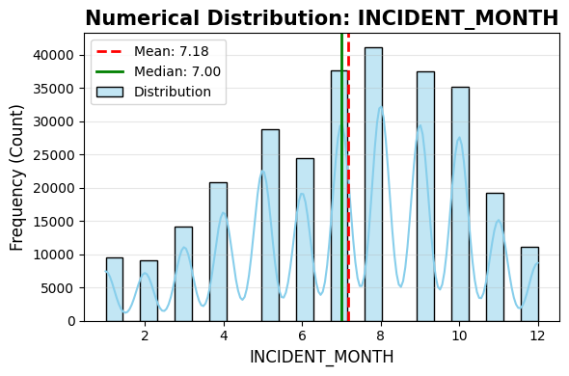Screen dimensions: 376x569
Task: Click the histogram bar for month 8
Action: pos(373,183)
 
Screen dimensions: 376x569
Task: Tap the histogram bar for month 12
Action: pos(529,284)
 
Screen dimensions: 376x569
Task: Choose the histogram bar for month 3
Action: pos(183,274)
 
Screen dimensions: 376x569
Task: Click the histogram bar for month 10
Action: pos(460,203)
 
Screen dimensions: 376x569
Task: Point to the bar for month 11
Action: pos(495,256)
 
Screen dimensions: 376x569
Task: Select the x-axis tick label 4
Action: pos(224,336)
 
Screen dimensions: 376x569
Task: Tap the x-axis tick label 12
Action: pos(537,336)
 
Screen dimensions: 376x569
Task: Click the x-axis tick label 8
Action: pos(381,336)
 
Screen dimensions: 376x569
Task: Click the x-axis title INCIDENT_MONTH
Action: pos(321,357)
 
